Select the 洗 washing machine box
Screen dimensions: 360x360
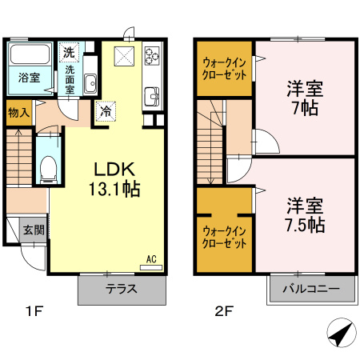point(70,52)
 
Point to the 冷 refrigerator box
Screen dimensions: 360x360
point(105,112)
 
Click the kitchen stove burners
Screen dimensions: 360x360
point(152,56)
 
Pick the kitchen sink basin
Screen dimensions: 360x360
point(151,98)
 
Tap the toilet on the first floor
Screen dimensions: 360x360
point(48,166)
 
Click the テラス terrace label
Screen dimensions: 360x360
point(122,289)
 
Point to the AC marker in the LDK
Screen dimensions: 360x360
point(150,258)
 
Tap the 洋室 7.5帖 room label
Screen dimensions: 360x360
point(305,214)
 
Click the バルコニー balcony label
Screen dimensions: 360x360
point(310,289)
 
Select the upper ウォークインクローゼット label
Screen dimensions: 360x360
point(225,67)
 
